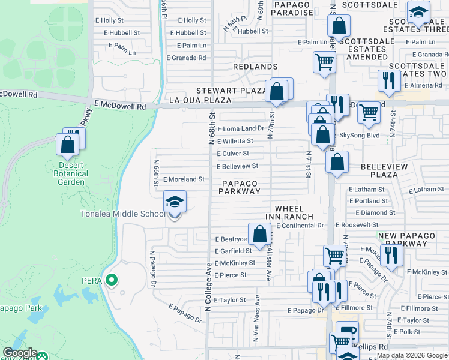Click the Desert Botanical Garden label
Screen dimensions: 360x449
pyautogui.click(x=74, y=174)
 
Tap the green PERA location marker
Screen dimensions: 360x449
pyautogui.click(x=110, y=280)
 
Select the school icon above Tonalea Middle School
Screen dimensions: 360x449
pyautogui.click(x=175, y=202)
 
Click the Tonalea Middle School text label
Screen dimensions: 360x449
pyautogui.click(x=122, y=214)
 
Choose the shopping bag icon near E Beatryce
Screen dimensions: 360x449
pyautogui.click(x=259, y=234)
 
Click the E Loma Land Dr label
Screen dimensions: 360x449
pyautogui.click(x=241, y=128)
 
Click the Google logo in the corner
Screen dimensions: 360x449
pyautogui.click(x=20, y=353)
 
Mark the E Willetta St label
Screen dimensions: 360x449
pyautogui.click(x=235, y=141)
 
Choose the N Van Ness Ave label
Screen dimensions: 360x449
pyautogui.click(x=257, y=319)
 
